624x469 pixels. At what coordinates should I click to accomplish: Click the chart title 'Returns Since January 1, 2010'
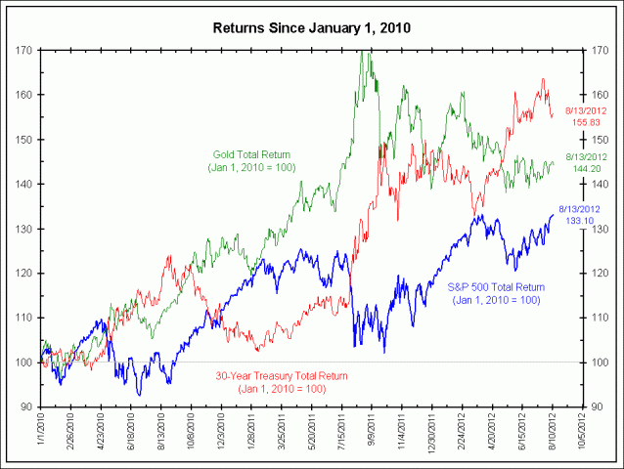point(312,26)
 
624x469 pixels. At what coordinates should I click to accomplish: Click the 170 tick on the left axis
point(23,50)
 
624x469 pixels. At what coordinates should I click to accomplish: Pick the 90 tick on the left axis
point(26,406)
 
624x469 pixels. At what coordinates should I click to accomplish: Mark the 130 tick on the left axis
point(23,229)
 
